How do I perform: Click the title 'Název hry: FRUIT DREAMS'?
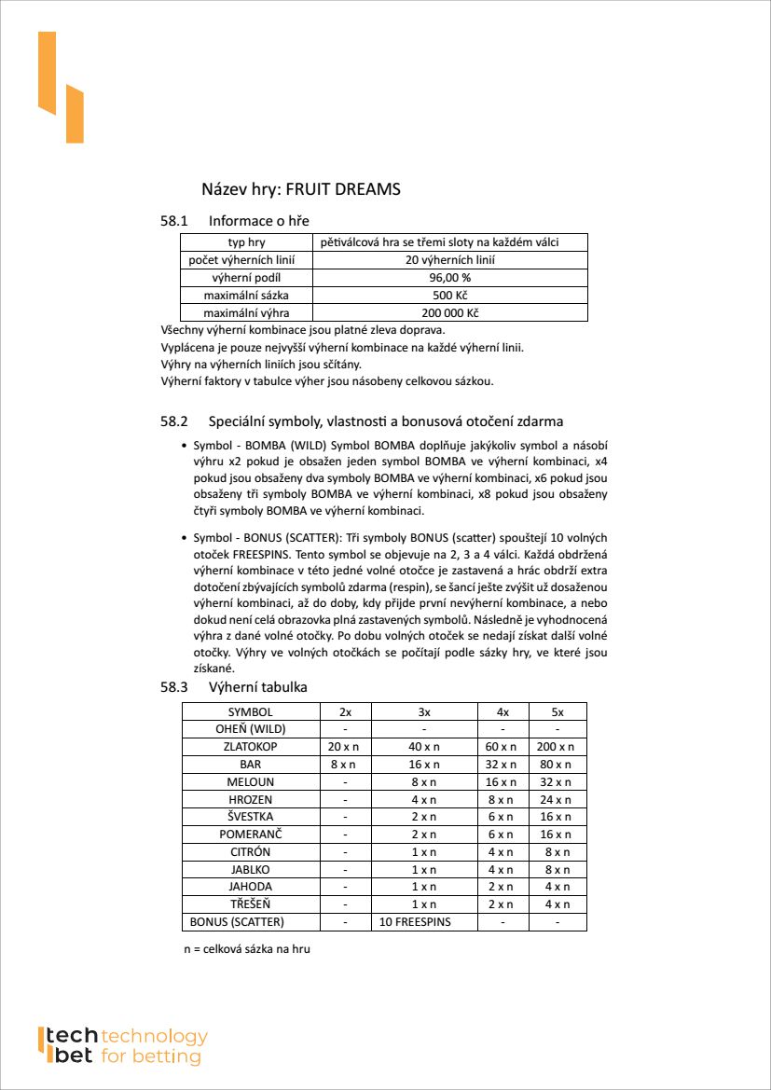click(300, 189)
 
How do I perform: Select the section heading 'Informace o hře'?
click(258, 221)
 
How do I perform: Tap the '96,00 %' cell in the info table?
click(449, 278)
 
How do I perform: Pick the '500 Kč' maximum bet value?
click(449, 296)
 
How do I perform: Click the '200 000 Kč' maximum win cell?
click(449, 313)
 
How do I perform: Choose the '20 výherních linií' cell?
click(449, 260)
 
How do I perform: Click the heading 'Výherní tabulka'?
click(257, 687)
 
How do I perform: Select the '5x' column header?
click(557, 711)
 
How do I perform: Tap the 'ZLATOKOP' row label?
click(250, 747)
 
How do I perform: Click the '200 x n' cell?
click(557, 747)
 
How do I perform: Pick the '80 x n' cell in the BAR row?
click(557, 765)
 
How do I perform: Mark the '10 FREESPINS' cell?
click(415, 922)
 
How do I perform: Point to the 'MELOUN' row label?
click(250, 782)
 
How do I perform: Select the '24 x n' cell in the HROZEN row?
click(557, 800)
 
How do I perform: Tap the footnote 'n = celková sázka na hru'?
click(247, 949)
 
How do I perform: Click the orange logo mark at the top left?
click(60, 88)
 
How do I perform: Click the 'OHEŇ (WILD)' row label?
click(250, 729)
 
